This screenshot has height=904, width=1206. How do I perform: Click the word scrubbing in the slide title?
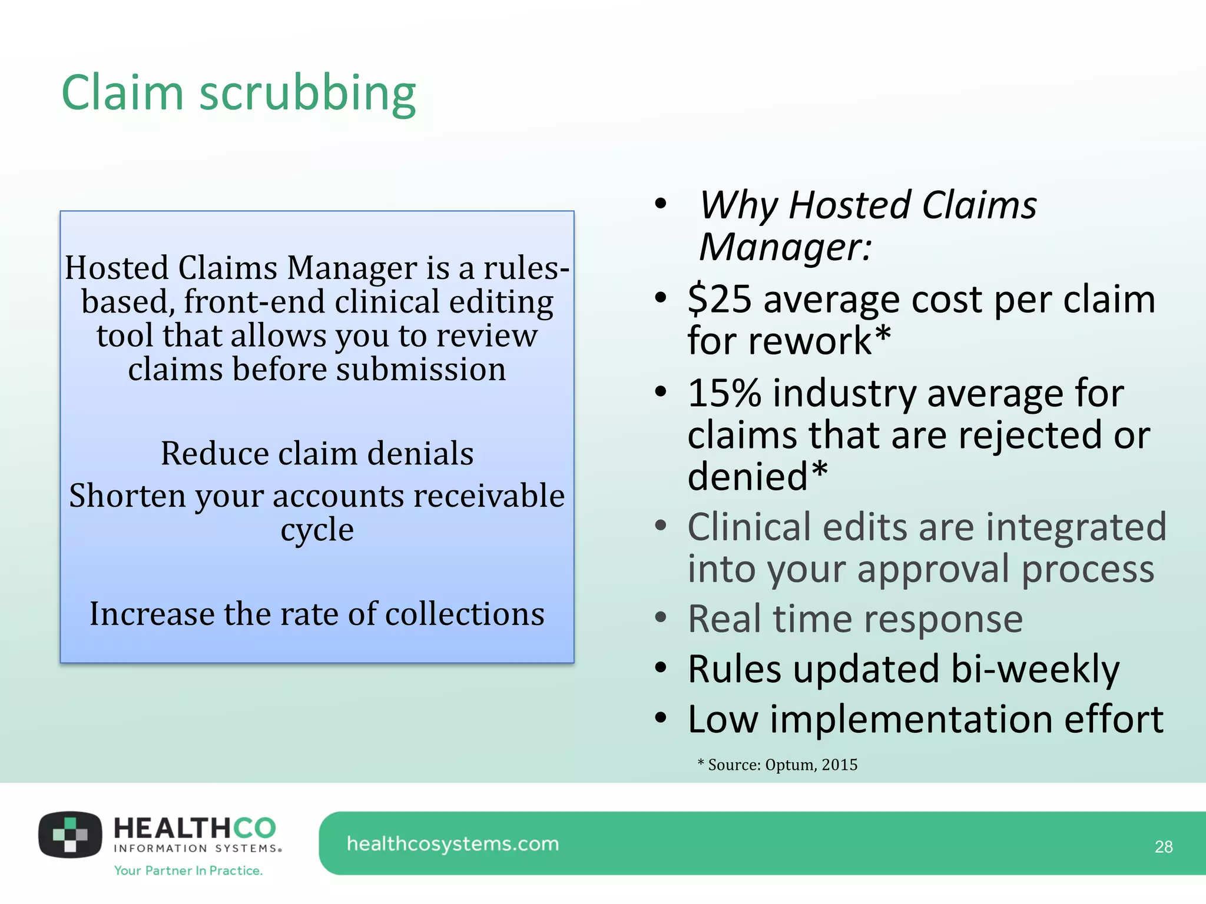coord(307,94)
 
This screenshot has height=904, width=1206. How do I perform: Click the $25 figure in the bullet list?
coord(720,299)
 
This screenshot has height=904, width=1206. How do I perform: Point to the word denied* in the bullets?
coord(757,476)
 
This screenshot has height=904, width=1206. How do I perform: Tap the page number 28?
coord(1163,847)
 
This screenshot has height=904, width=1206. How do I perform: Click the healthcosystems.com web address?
coord(452,844)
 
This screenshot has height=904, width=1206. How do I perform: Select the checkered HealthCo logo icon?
coord(70,835)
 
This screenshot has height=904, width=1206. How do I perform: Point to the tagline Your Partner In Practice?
coord(188,870)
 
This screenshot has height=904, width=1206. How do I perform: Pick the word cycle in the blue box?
coord(317,530)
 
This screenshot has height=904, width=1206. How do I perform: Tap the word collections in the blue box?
coord(465,614)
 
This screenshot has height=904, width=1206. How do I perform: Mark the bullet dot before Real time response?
coord(661,618)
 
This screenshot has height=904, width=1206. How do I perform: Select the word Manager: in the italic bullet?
coord(785,247)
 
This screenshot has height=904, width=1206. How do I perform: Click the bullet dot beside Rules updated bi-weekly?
coord(661,668)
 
